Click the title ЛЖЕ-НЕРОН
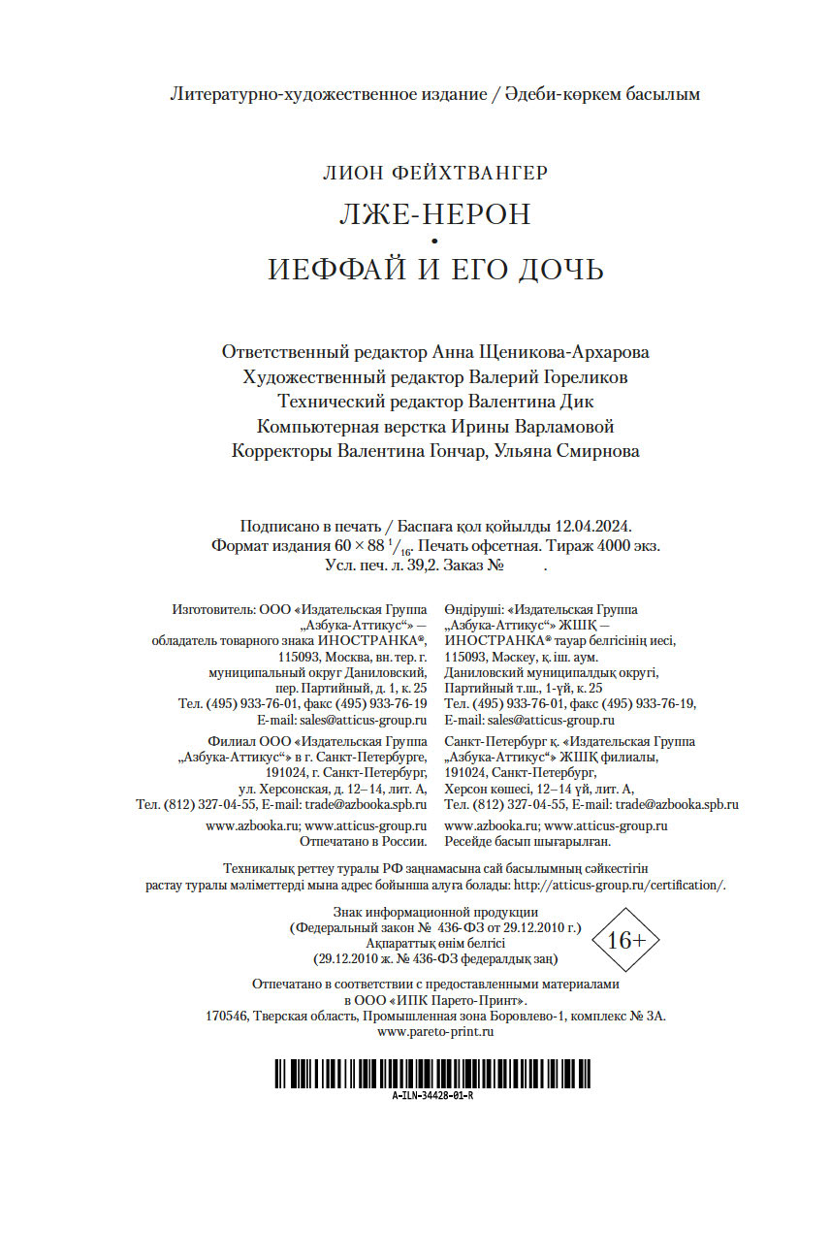click(434, 213)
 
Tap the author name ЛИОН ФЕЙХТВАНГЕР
click(435, 173)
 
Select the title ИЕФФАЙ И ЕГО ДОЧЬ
click(435, 269)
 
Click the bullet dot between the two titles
click(434, 241)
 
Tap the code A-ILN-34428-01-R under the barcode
click(433, 1095)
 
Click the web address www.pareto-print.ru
click(435, 1032)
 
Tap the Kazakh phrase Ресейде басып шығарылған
click(527, 841)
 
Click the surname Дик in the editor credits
click(578, 401)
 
